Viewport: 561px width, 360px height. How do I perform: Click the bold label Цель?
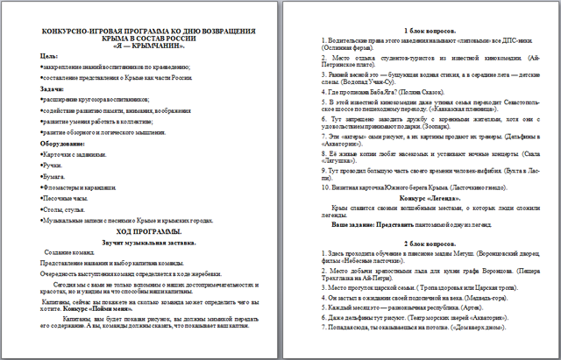[x=50, y=56]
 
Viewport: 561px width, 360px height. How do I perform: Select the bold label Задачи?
[x=53, y=89]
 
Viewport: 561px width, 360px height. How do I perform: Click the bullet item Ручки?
[x=54, y=163]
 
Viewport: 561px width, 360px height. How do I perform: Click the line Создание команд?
[x=73, y=253]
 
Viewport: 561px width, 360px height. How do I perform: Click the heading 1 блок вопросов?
[x=417, y=32]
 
